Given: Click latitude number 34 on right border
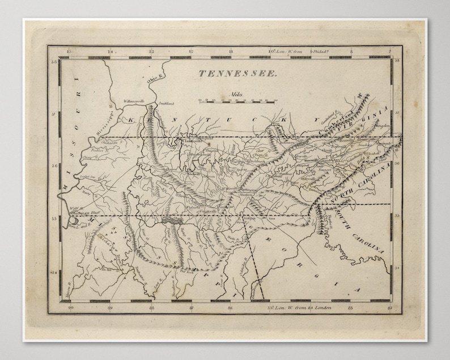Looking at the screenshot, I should click(x=397, y=266).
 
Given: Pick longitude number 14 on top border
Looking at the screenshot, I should click(x=111, y=52).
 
